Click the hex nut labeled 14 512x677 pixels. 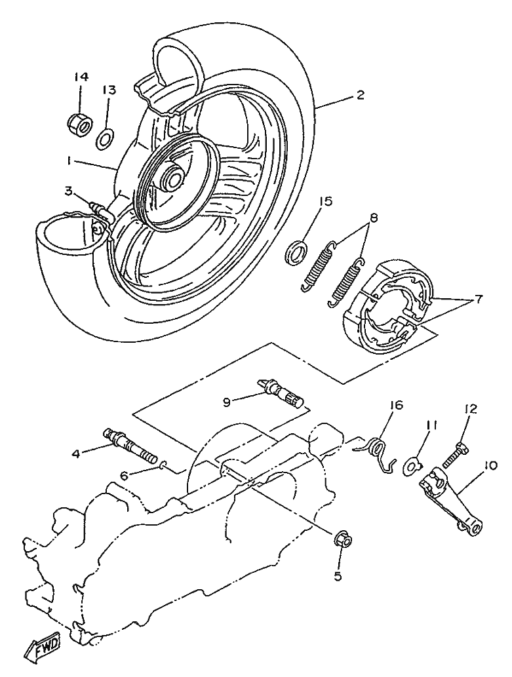pyautogui.click(x=80, y=125)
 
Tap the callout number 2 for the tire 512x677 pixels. pyautogui.click(x=360, y=95)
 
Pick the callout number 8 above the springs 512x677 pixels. pyautogui.click(x=374, y=218)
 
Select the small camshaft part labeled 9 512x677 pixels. pyautogui.click(x=281, y=394)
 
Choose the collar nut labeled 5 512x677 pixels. pyautogui.click(x=344, y=539)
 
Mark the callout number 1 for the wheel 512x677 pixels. pyautogui.click(x=69, y=160)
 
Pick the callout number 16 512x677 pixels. pyautogui.click(x=396, y=406)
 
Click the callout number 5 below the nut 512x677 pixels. pyautogui.click(x=338, y=576)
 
